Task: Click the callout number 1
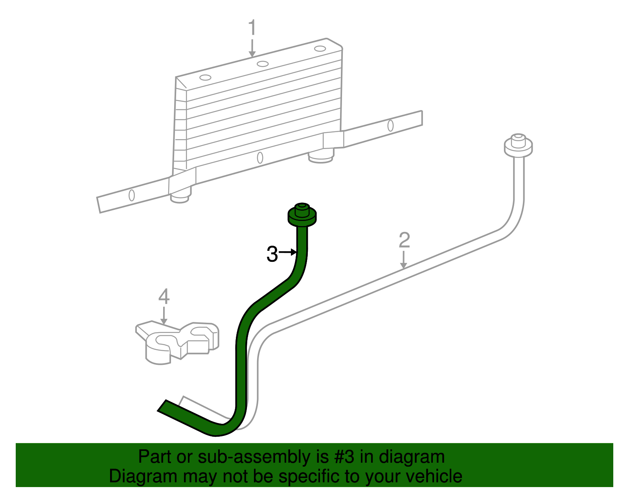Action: (252, 28)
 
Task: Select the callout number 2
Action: (404, 240)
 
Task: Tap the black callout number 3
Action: (272, 254)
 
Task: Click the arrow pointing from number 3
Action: (288, 252)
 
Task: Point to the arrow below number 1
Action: (252, 48)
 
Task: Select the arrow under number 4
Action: (164, 316)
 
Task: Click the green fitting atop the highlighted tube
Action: (302, 215)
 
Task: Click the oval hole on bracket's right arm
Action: (390, 125)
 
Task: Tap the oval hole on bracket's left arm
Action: (132, 195)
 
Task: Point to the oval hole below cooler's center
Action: (260, 158)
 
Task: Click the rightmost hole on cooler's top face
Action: (320, 49)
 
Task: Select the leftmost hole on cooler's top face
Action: (205, 77)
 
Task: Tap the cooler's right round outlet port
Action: (321, 158)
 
